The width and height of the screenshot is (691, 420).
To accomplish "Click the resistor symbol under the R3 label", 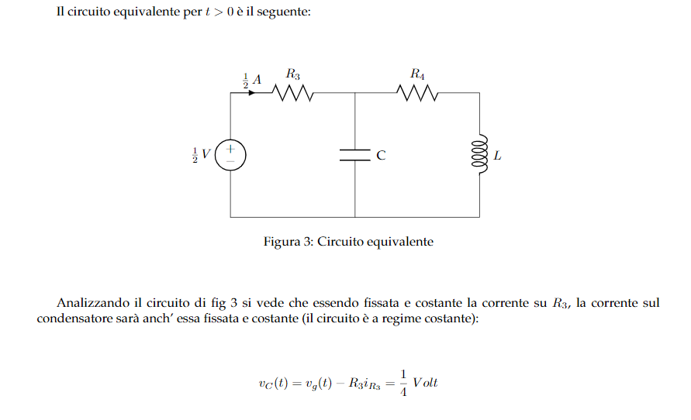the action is [292, 93].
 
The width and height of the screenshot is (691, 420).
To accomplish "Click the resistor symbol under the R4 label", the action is [417, 93].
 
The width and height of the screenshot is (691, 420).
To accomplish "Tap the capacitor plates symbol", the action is [354, 155].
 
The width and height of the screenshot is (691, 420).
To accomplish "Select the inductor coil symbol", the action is [480, 154].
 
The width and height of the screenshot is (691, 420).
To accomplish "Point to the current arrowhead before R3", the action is [251, 93].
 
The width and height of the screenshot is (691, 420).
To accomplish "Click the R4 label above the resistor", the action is [417, 74].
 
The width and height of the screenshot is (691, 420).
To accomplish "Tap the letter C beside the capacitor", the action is [382, 156].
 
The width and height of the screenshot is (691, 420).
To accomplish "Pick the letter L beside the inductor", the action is [497, 156].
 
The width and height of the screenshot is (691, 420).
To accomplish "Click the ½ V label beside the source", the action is [202, 155].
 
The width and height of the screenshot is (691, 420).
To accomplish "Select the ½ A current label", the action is [252, 80].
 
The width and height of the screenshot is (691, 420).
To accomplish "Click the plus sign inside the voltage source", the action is [230, 150].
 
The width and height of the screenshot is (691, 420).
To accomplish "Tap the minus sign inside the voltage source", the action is [230, 162].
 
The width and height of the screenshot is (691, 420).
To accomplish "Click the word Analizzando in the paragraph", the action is [93, 303].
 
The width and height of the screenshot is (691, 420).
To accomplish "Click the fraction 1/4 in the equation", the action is [403, 383].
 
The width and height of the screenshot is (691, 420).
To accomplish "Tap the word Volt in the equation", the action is [425, 383].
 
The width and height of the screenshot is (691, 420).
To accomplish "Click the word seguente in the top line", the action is [283, 12].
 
